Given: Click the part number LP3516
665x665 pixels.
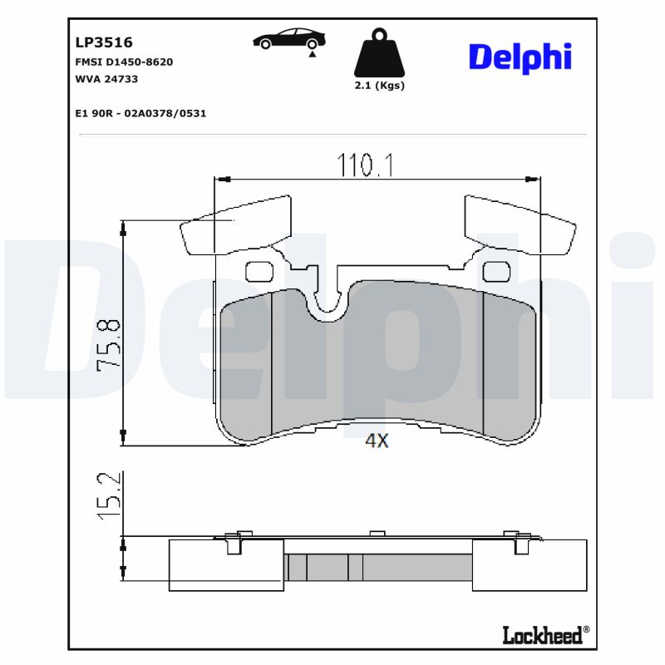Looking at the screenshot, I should [x=104, y=42].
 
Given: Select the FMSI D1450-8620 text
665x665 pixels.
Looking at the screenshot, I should [x=124, y=62].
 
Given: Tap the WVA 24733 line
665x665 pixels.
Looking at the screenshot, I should [x=106, y=79].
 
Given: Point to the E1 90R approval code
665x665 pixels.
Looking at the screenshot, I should [x=140, y=113].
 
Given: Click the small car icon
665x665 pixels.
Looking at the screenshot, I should [x=289, y=40].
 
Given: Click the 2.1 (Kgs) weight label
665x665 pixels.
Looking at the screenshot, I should [x=379, y=86].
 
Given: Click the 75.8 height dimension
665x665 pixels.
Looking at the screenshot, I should [x=109, y=345].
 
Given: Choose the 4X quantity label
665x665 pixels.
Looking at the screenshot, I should [x=377, y=441].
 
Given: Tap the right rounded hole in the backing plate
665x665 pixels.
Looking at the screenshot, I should [x=496, y=271].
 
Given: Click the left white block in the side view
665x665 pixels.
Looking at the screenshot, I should [x=226, y=566].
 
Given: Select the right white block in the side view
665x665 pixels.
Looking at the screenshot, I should [x=530, y=566].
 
